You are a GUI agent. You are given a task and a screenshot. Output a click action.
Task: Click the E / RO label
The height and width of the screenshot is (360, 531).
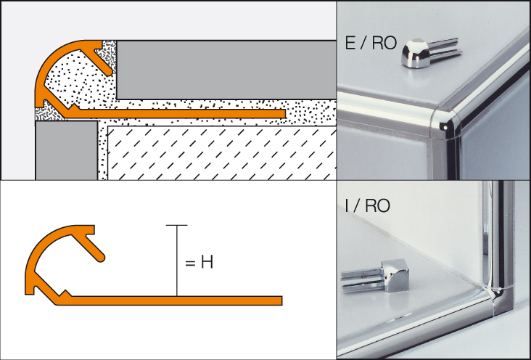(371, 43)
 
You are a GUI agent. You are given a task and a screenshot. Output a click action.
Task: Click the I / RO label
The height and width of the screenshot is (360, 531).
(367, 205)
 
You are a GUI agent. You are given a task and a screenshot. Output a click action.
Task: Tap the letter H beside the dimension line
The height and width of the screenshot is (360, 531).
(207, 262)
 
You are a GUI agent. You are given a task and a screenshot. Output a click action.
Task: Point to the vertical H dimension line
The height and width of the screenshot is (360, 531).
(177, 261)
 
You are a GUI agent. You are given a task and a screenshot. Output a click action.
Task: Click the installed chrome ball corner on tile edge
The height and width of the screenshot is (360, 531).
(445, 125)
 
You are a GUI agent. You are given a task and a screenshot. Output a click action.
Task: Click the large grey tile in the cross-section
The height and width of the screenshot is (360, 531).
(226, 70)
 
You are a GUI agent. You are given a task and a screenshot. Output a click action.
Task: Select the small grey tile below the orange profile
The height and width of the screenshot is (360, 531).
(67, 150)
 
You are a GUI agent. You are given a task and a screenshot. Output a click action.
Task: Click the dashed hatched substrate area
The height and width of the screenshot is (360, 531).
(222, 153)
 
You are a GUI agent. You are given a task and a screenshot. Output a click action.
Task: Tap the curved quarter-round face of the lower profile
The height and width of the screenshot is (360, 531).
(44, 245)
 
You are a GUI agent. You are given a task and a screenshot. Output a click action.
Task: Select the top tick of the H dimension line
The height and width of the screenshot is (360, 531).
(177, 225)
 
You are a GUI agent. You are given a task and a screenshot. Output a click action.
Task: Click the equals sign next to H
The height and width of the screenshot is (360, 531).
(190, 263)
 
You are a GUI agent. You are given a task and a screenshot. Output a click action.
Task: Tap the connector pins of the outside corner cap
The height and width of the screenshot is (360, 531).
(445, 49)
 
